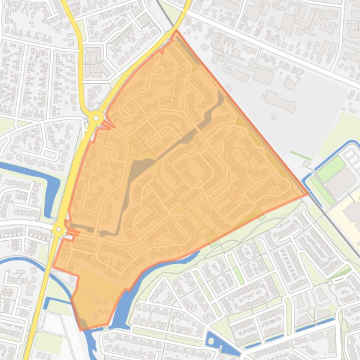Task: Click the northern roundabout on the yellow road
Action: (x=96, y=118)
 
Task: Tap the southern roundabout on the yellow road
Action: (x=59, y=230)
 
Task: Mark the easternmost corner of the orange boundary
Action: (x=309, y=194)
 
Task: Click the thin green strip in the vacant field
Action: (x=300, y=156)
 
